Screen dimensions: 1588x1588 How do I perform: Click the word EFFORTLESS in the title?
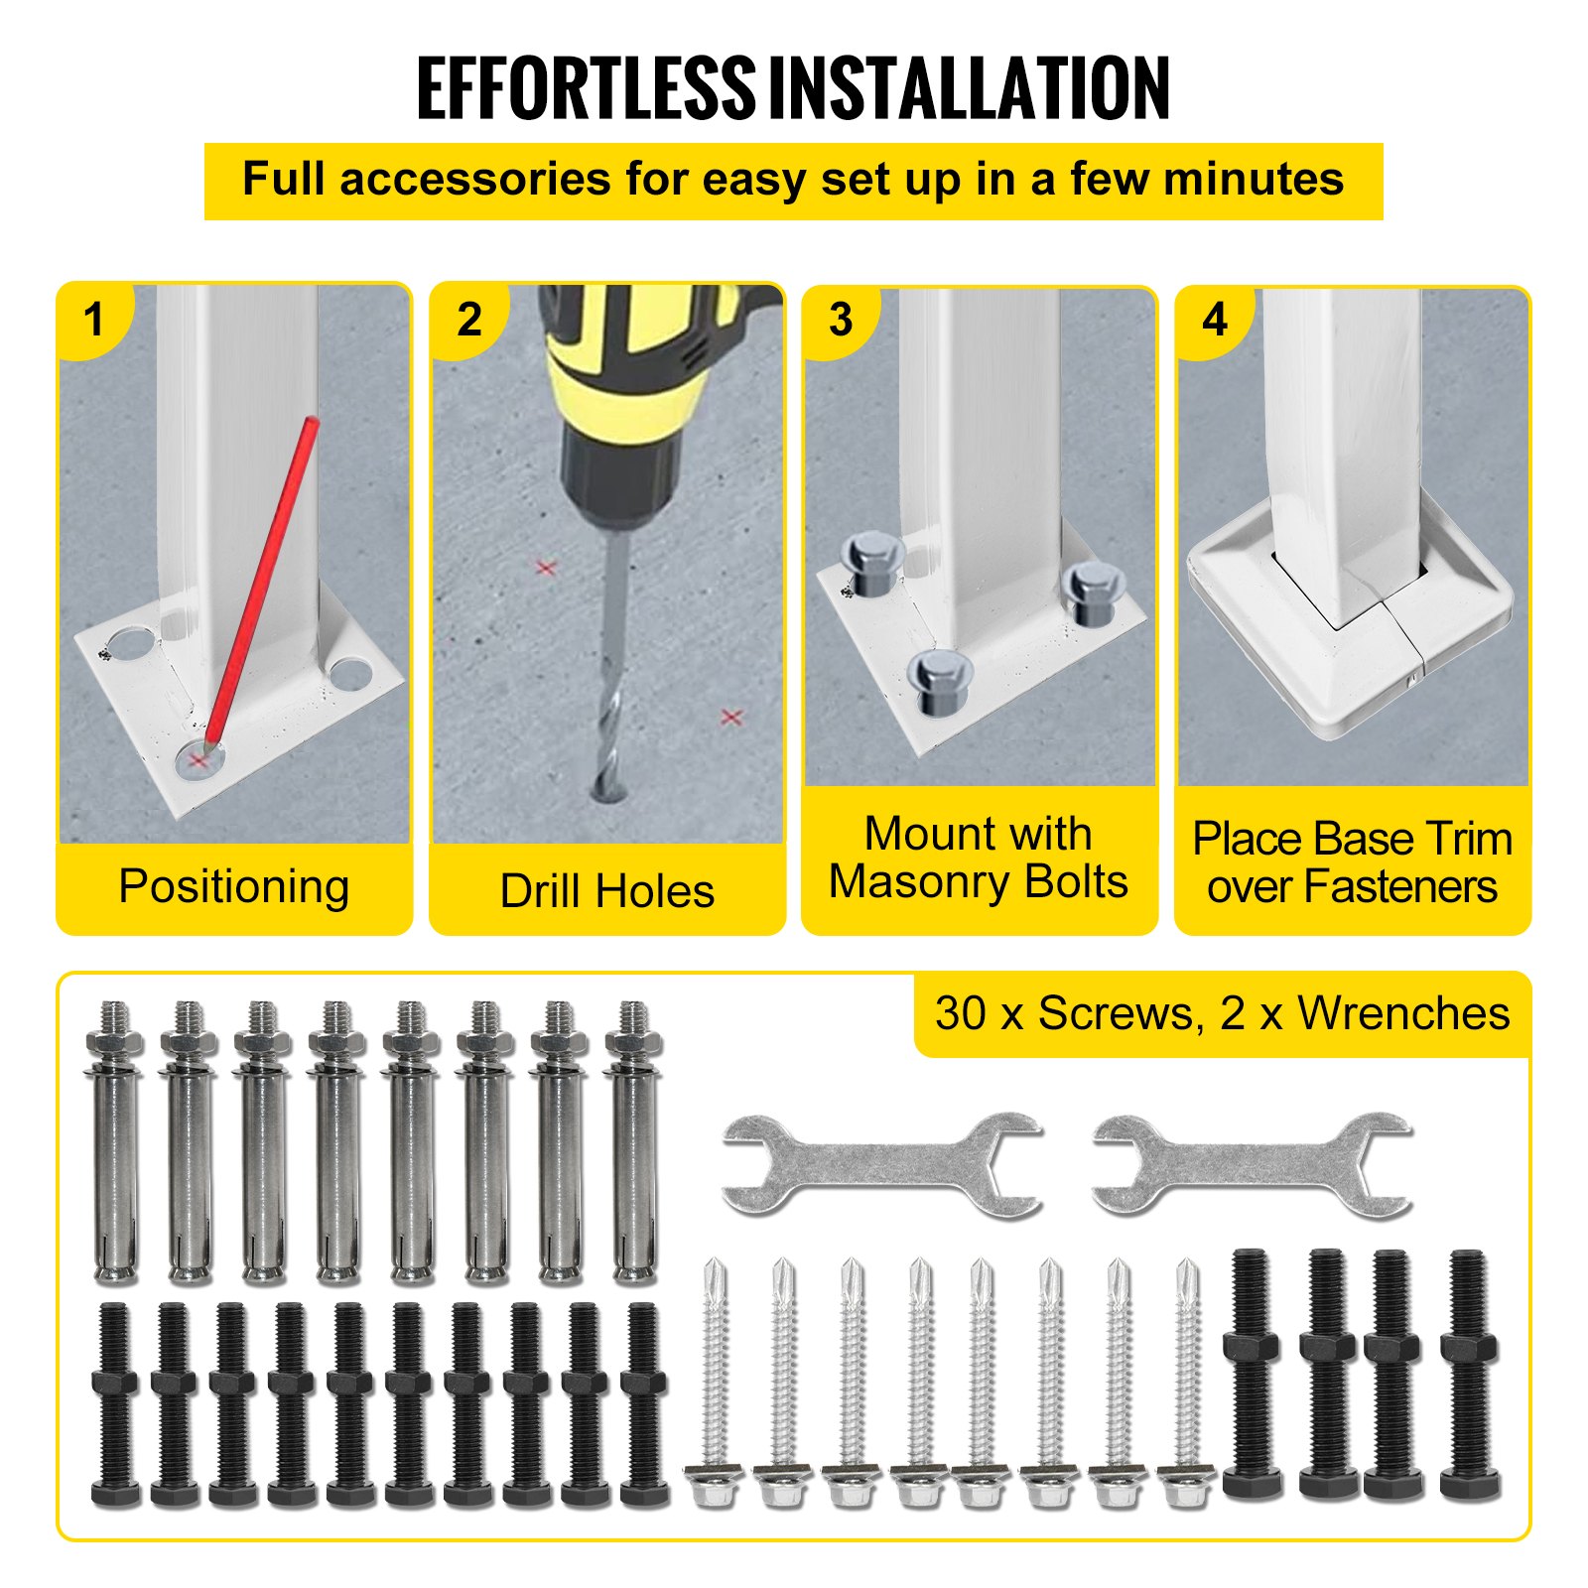click(587, 88)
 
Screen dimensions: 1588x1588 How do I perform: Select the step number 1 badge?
click(94, 319)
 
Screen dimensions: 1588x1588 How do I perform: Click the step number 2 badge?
click(468, 319)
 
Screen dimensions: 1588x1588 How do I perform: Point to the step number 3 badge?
click(841, 319)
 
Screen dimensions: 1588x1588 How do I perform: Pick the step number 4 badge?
click(1215, 319)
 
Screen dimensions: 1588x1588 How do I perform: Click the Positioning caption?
click(234, 886)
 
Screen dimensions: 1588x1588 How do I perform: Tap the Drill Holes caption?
click(607, 890)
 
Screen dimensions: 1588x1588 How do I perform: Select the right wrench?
click(1252, 1165)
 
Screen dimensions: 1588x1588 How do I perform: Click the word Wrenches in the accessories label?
click(1403, 1013)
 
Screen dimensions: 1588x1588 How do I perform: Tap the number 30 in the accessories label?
click(961, 1013)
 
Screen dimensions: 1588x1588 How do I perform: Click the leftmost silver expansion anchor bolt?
click(116, 1141)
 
